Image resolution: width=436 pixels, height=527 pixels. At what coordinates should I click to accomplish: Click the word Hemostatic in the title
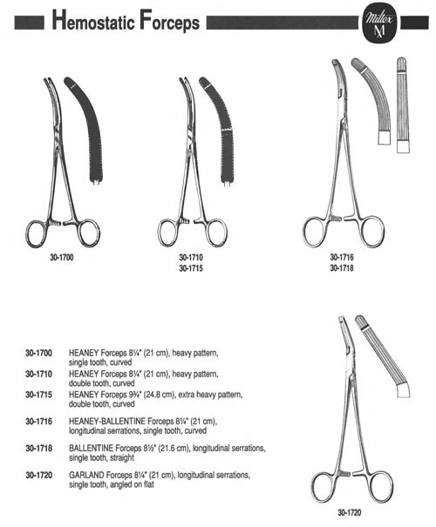[x=93, y=22]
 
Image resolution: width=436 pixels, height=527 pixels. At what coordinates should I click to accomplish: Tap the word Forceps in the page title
[x=170, y=22]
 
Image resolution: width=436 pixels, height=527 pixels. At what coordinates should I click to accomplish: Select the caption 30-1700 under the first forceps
[x=62, y=258]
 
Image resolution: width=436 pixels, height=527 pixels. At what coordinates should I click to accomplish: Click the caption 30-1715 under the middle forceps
[x=191, y=268]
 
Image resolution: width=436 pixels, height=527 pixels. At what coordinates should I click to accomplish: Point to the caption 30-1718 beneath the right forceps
[x=342, y=268]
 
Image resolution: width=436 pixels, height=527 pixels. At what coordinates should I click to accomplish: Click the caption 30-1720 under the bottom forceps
[x=350, y=513]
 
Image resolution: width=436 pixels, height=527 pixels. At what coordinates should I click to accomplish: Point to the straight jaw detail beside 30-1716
[x=403, y=105]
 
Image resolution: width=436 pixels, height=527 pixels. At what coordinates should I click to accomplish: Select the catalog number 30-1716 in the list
[x=38, y=422]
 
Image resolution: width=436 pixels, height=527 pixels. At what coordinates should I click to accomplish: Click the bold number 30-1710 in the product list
[x=38, y=374]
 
